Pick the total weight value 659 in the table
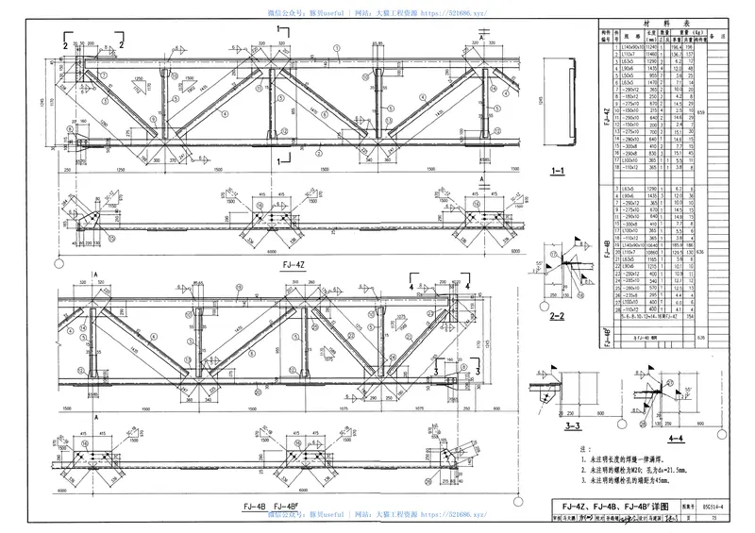point(726,111)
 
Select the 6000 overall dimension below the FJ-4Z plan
point(517,252)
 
